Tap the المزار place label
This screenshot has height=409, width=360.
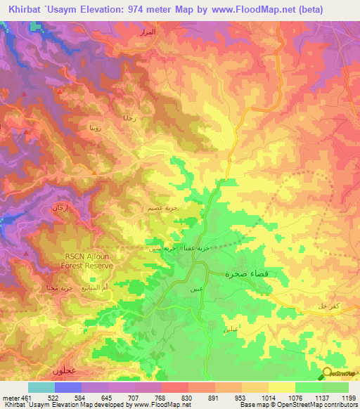[x=162, y=33]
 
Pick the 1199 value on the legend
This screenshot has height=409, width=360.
[x=347, y=398]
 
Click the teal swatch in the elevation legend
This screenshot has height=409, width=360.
[x=41, y=387]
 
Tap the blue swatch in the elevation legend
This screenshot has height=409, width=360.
[x=67, y=387]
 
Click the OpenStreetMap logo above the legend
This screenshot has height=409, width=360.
[x=340, y=374]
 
